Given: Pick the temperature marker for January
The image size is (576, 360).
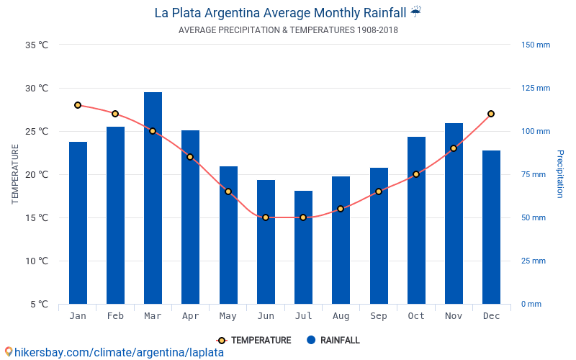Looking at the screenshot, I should (78, 105).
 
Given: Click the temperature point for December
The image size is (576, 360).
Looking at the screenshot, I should (491, 114).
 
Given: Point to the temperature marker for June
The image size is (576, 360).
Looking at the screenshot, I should (266, 217).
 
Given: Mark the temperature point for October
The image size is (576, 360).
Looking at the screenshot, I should (416, 174).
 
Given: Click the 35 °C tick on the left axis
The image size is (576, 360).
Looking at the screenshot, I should (37, 45).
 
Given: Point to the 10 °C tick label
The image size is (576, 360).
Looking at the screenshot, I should (37, 261).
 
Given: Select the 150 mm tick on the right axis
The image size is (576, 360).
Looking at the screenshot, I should (536, 45).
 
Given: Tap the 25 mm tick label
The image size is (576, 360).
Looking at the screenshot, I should (534, 261).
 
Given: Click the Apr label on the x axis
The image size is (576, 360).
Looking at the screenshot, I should (190, 316).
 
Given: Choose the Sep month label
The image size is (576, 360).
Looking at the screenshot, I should (379, 316).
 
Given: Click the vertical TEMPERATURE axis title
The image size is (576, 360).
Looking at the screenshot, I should (15, 174).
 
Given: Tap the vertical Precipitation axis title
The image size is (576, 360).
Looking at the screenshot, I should (559, 174).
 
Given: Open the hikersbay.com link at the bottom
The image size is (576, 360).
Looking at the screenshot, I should (115, 352).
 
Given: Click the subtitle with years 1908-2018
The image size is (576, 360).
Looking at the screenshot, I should (288, 30).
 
